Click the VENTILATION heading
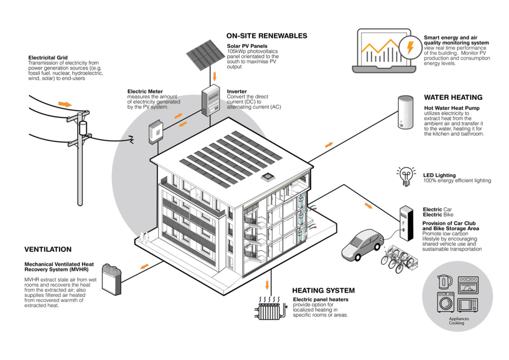point(48,249)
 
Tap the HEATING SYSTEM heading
point(323,291)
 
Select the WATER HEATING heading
point(453,98)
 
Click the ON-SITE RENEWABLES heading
point(267,36)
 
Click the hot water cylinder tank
point(405,113)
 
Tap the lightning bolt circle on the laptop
point(410,48)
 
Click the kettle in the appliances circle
point(445,282)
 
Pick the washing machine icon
point(445,303)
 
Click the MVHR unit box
point(112,280)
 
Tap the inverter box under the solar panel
point(211,101)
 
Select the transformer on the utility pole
point(83,127)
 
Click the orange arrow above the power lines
point(65,104)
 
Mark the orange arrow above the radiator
point(268,285)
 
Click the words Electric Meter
point(145,91)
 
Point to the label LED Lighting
point(439,175)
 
